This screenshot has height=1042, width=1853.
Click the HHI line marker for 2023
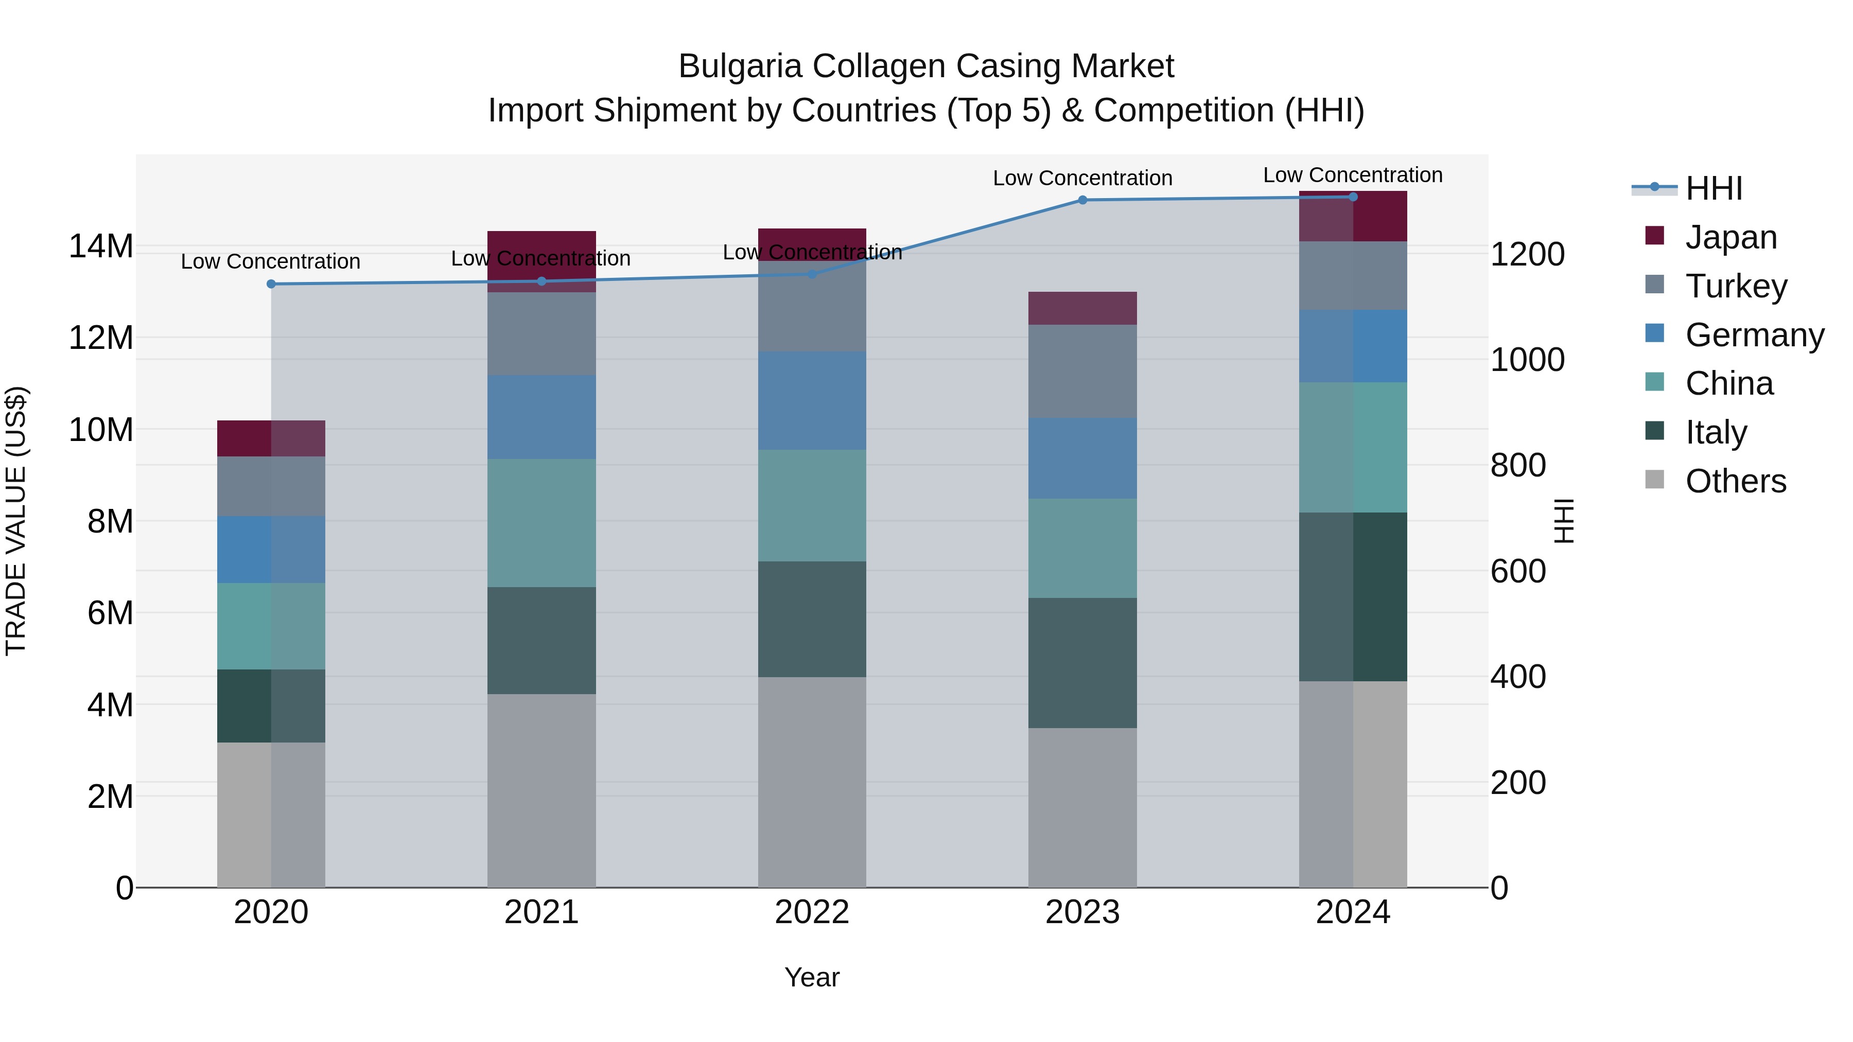(x=1082, y=200)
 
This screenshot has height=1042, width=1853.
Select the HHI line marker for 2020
(x=271, y=284)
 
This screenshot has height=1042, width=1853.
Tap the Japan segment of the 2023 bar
(x=1082, y=309)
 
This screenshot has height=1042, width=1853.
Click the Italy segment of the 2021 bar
(x=541, y=640)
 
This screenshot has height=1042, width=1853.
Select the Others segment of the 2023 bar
(x=1082, y=807)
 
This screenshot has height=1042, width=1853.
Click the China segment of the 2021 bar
(x=541, y=523)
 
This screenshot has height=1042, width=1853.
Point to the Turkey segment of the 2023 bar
(x=1082, y=371)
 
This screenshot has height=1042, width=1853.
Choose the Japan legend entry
(x=1730, y=237)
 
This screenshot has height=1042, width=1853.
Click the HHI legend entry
(x=1712, y=188)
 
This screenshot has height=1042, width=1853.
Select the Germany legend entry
(x=1754, y=334)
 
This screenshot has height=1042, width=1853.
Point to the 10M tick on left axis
(x=101, y=430)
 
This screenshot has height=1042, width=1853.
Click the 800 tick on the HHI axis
(x=1518, y=465)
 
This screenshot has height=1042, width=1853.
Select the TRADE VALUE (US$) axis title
(x=16, y=521)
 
